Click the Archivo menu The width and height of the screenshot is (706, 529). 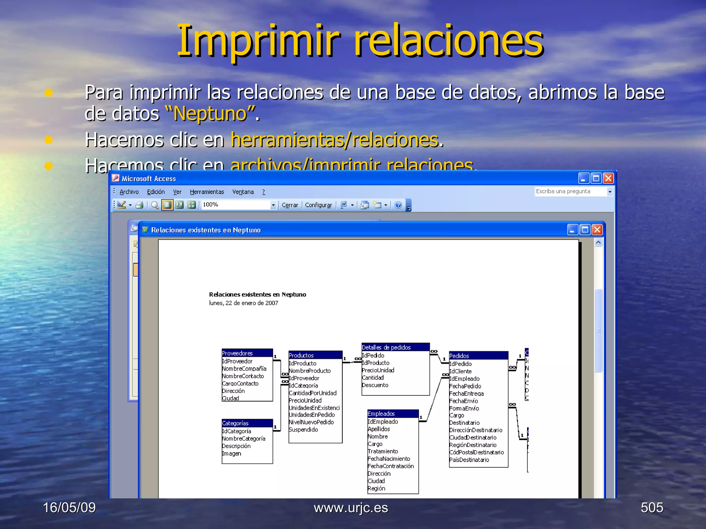(129, 192)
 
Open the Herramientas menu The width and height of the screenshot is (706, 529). (207, 192)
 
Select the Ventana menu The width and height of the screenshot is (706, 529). (243, 192)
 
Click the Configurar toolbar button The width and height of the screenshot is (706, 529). (318, 205)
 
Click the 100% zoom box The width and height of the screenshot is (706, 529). (236, 205)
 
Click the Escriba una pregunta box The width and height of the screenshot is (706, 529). (570, 191)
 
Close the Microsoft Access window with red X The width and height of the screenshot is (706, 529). (608, 178)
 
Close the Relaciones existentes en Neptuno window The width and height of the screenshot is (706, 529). (597, 229)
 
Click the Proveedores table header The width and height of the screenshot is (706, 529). (247, 353)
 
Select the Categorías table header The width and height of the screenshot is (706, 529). (247, 423)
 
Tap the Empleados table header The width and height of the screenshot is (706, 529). (393, 414)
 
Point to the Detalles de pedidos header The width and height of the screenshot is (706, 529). (395, 347)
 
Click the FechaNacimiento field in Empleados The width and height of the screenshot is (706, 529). (389, 459)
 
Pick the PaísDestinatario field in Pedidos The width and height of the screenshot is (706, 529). (469, 460)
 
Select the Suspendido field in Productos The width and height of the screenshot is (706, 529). (303, 429)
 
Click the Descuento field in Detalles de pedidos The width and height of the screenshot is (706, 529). (375, 385)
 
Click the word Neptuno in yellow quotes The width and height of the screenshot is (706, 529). (211, 113)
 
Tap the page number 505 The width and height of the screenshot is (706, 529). (652, 508)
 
